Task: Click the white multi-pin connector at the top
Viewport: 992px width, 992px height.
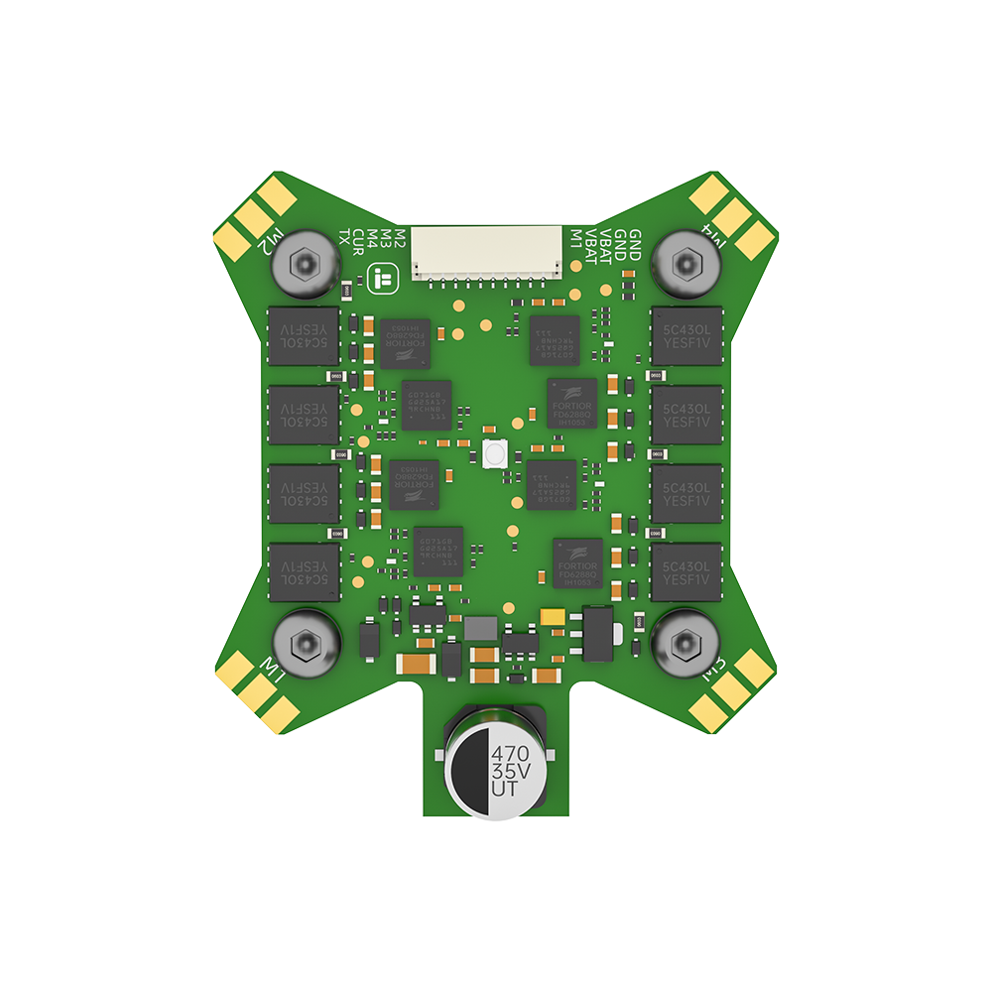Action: [x=488, y=252]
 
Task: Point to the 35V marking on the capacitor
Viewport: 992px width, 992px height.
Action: [x=510, y=770]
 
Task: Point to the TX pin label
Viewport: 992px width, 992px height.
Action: [x=345, y=237]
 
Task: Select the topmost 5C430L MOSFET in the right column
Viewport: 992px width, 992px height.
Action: [x=686, y=337]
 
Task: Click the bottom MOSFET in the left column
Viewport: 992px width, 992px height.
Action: [x=305, y=571]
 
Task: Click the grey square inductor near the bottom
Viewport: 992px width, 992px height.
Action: [x=482, y=628]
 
